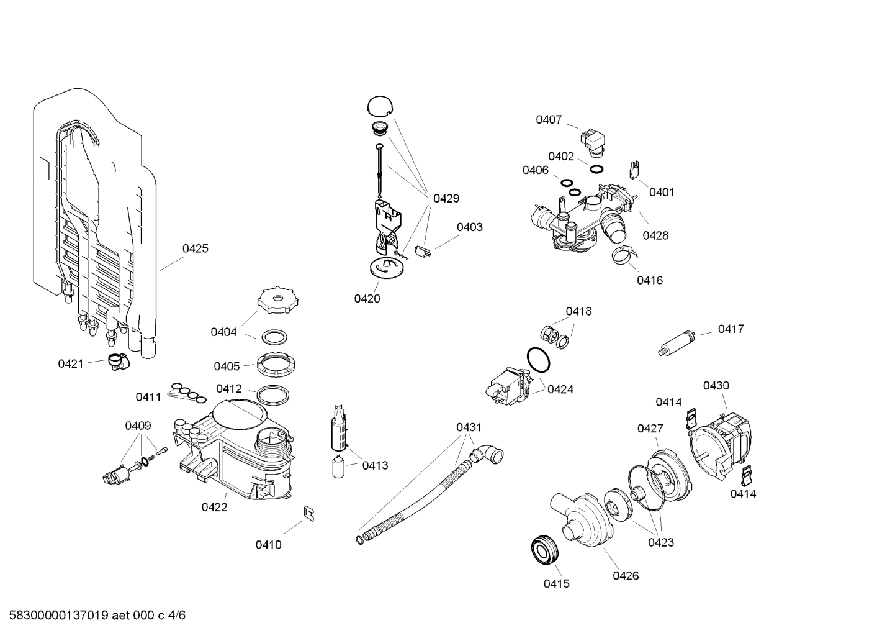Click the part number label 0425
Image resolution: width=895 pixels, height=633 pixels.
coord(195,248)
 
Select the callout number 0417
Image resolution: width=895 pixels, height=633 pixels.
coord(731,329)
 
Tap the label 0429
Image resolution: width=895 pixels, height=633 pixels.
coord(446,199)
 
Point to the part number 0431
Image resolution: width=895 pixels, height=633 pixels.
coord(469,427)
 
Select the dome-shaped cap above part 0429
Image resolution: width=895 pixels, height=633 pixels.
coord(380,106)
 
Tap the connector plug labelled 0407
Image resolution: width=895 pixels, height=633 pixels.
coord(594,140)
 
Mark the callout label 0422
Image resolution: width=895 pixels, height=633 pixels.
coord(214,508)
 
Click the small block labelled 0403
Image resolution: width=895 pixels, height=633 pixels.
coord(425,252)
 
